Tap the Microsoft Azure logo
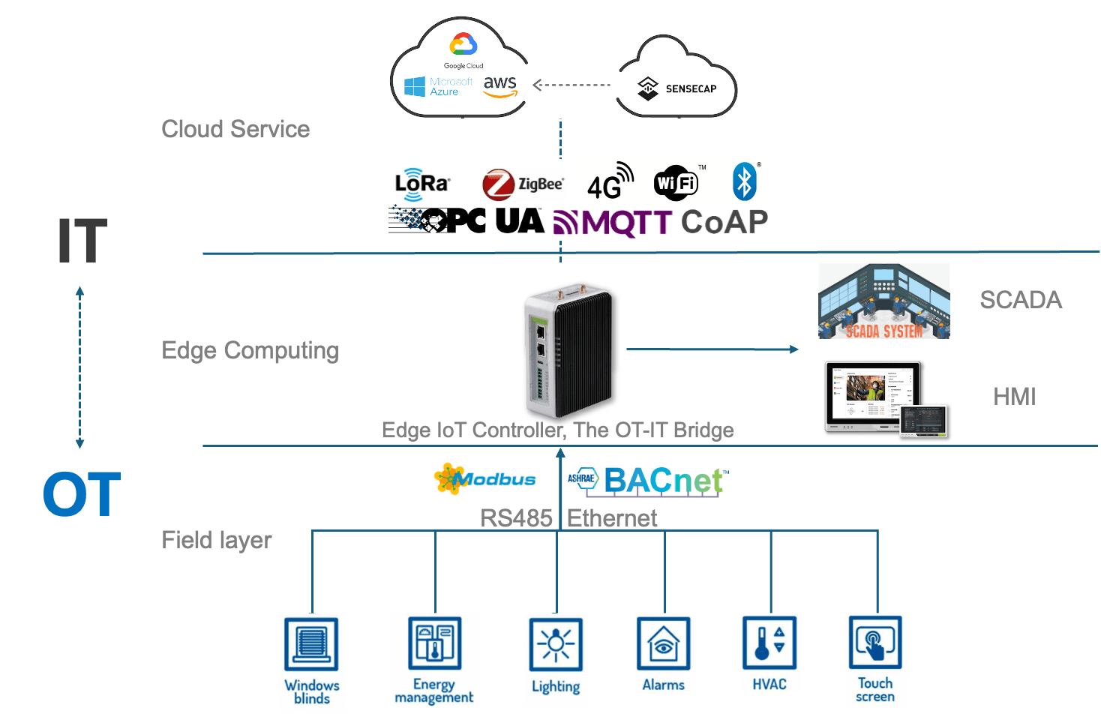438,87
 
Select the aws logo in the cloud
500,86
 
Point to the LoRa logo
421,184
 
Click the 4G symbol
610,182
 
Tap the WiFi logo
676,183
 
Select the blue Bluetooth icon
744,181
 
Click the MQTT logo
613,223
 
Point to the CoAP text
724,222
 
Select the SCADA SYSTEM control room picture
883,301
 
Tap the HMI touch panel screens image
884,397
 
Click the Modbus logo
485,478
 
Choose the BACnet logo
649,481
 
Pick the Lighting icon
556,646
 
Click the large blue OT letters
81,494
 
